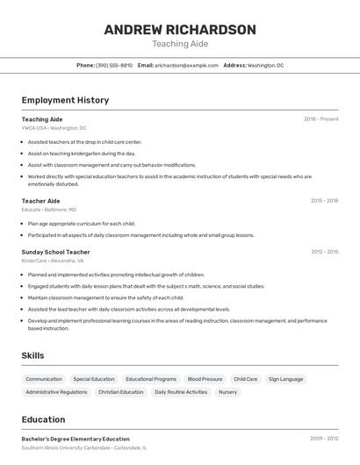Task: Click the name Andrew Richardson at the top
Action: [x=180, y=30]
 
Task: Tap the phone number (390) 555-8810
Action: [x=114, y=65]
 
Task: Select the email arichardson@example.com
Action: [x=186, y=65]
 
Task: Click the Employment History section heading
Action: [x=65, y=100]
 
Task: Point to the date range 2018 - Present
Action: [x=320, y=118]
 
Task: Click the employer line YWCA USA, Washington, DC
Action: [x=54, y=128]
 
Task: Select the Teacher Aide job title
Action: [x=40, y=201]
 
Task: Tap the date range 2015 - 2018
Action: [x=324, y=201]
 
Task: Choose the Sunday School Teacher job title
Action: [x=55, y=252]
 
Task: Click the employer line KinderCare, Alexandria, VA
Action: [x=53, y=261]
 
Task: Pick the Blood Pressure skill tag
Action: [x=205, y=379]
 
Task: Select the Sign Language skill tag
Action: [x=285, y=379]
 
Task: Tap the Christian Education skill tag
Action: [x=120, y=392]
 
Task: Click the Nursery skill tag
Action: [x=227, y=392]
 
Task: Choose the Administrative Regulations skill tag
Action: [x=56, y=392]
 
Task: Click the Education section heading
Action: [x=43, y=419]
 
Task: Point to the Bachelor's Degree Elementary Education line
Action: [x=76, y=439]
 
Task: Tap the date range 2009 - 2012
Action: [x=324, y=439]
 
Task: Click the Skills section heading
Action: [x=33, y=355]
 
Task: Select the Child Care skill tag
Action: [x=246, y=379]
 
